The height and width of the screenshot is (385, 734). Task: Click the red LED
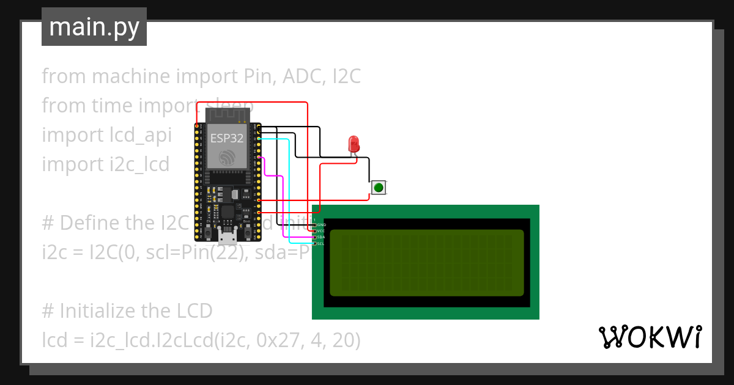tap(354, 144)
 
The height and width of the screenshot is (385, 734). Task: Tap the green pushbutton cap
tap(379, 188)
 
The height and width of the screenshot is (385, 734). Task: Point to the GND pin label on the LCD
tap(321, 225)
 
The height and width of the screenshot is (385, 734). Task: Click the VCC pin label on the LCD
tap(321, 232)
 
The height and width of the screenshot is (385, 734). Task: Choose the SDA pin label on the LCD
tap(321, 238)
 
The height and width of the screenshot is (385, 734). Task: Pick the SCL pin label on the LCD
tap(321, 244)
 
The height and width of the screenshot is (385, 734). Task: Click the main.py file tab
tap(94, 28)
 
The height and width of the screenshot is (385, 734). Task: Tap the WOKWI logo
tap(650, 337)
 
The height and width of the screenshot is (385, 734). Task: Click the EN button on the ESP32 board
tap(209, 232)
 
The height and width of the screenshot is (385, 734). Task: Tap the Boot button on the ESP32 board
tap(248, 232)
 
